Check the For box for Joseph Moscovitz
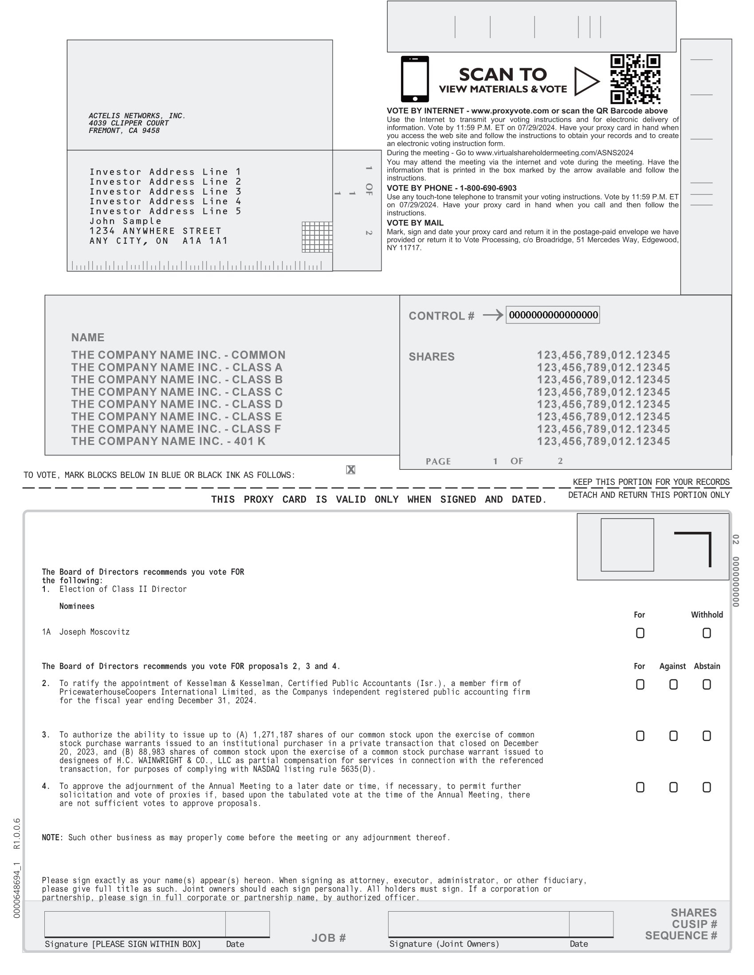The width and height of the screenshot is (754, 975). (x=640, y=633)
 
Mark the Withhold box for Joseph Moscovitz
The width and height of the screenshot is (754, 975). (x=706, y=633)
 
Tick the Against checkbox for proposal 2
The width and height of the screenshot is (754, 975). (x=673, y=684)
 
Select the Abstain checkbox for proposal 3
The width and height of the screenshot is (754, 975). (x=706, y=736)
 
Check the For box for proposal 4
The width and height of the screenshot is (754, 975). (x=640, y=787)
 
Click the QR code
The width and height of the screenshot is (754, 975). (x=635, y=79)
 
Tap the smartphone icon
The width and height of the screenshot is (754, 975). (x=415, y=79)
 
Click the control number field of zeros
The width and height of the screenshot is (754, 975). (x=553, y=315)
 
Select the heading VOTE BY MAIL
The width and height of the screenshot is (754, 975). (x=415, y=223)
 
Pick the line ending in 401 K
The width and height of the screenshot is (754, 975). (x=168, y=441)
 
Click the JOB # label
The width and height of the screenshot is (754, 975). (x=328, y=937)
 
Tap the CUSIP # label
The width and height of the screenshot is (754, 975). (x=694, y=924)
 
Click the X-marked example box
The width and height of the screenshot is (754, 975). (x=351, y=470)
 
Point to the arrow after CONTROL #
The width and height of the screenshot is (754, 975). (x=493, y=315)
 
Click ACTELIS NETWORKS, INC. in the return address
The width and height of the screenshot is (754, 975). (x=137, y=116)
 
